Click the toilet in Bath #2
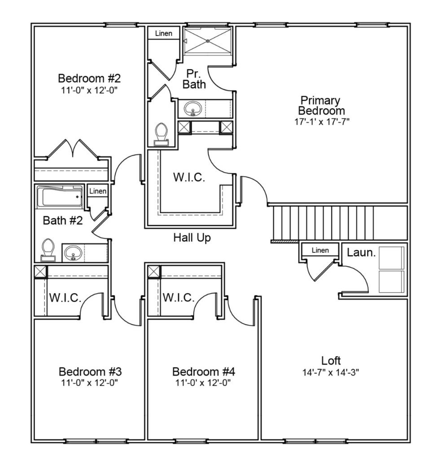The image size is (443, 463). click(x=48, y=250)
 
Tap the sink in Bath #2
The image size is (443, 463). click(x=73, y=253)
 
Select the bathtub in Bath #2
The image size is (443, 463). click(x=60, y=197)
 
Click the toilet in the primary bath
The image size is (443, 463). click(x=162, y=134)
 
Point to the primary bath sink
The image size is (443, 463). click(x=193, y=109)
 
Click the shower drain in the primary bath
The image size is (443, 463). click(x=208, y=41)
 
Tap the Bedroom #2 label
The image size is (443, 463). click(x=89, y=78)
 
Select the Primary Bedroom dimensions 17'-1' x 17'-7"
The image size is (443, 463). click(x=322, y=122)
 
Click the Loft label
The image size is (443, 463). click(x=331, y=361)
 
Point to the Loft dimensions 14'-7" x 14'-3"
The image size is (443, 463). click(x=330, y=372)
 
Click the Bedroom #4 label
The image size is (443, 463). click(x=204, y=371)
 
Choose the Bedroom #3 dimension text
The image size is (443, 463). click(x=89, y=383)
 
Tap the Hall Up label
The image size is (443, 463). click(x=192, y=238)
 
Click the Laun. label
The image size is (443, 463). click(x=361, y=252)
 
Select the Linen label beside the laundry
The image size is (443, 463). click(x=320, y=251)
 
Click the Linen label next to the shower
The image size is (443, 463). click(x=163, y=33)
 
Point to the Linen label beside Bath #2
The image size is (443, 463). click(x=98, y=191)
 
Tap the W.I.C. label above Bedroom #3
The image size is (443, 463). click(x=65, y=298)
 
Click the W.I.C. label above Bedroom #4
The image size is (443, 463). click(x=179, y=297)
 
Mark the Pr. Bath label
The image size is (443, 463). click(x=194, y=79)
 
